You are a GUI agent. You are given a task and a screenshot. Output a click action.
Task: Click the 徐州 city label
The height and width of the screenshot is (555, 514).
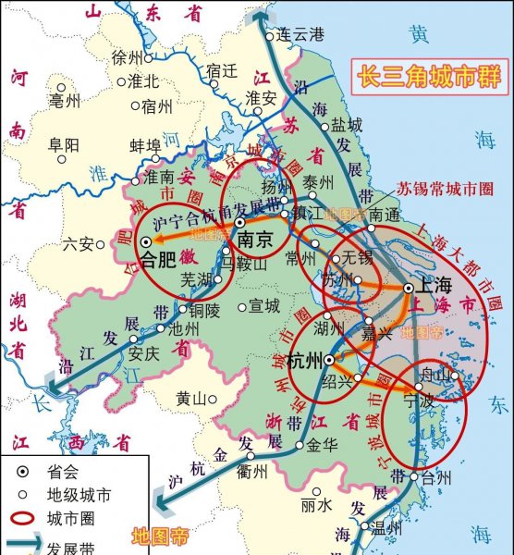pyautogui.click(x=128, y=57)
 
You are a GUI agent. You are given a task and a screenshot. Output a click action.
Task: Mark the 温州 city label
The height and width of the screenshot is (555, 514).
pyautogui.click(x=385, y=529)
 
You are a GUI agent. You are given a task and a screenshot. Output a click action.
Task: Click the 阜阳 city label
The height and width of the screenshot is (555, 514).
pyautogui.click(x=64, y=144)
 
